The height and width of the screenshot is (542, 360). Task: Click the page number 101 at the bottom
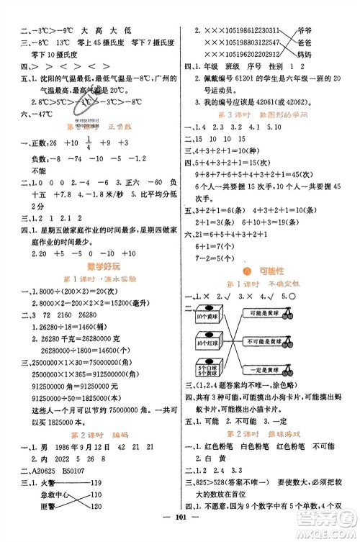179,533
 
